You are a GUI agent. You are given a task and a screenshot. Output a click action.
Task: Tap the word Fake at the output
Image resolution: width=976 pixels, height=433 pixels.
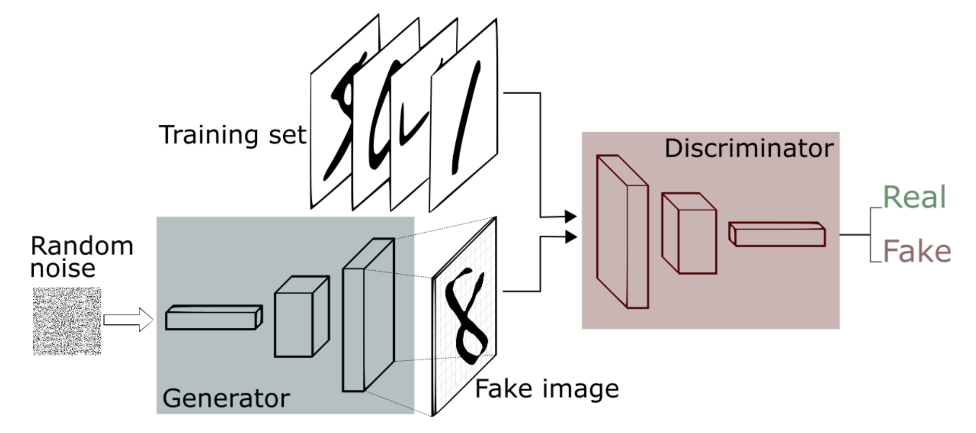(916, 251)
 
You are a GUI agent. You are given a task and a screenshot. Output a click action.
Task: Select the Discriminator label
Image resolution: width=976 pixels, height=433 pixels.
(749, 148)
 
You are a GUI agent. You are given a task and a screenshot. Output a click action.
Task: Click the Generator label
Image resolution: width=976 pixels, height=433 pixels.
(226, 398)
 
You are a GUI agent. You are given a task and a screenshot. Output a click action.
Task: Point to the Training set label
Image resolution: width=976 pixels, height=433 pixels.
(232, 135)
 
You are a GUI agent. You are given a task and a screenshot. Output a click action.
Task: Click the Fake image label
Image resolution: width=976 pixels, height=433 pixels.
(547, 389)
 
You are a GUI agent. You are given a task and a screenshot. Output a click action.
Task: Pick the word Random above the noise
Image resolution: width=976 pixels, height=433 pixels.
(82, 246)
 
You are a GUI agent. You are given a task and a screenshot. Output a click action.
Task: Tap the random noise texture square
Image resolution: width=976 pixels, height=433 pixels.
(67, 321)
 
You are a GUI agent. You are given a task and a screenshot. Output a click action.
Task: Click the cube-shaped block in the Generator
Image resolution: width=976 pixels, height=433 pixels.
(300, 317)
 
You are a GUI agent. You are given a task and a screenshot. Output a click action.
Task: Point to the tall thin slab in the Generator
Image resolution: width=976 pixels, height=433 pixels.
(366, 315)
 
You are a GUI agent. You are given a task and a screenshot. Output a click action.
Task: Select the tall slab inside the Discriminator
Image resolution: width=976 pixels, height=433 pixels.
(622, 232)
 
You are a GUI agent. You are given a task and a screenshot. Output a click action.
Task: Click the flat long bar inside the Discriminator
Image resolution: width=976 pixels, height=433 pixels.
(777, 235)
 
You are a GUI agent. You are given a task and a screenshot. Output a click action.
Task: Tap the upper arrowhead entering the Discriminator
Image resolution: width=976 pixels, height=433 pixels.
(571, 216)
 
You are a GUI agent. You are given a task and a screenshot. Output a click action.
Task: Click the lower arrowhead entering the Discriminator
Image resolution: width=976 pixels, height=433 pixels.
(571, 237)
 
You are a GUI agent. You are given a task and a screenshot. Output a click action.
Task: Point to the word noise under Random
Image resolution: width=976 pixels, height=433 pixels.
(63, 269)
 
